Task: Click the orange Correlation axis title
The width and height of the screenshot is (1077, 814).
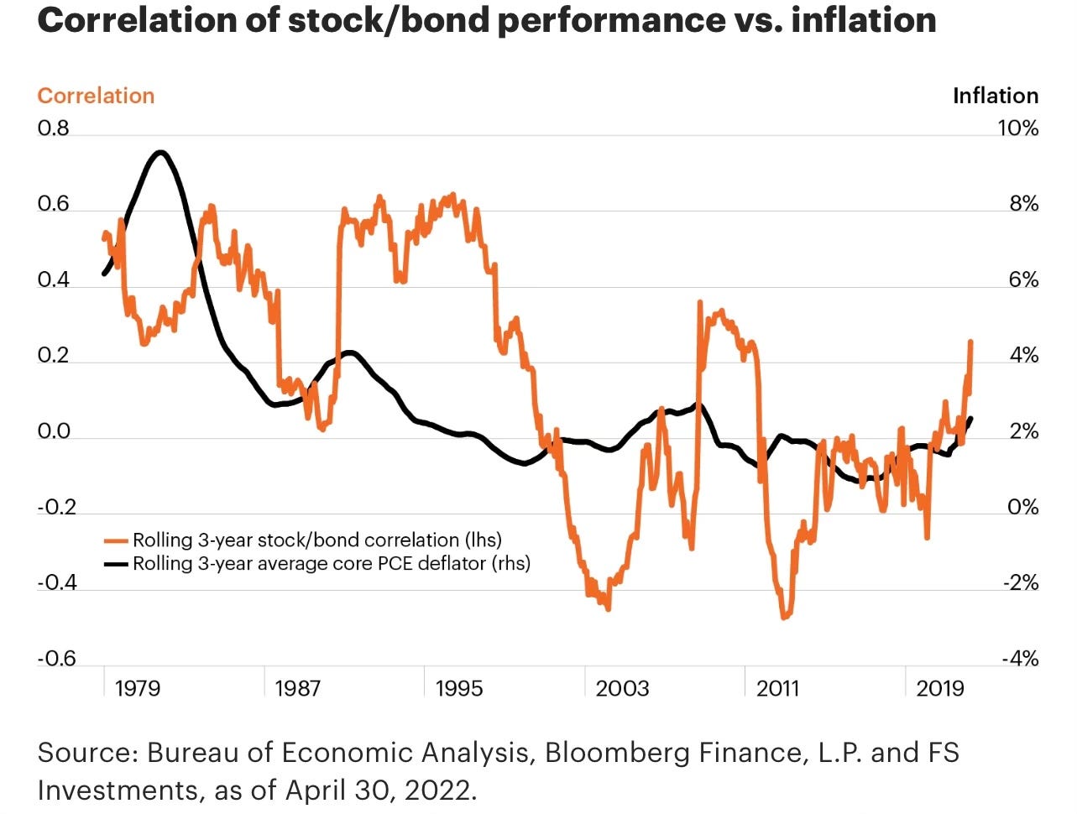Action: pos(96,96)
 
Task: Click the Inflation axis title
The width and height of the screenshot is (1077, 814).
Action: pos(995,96)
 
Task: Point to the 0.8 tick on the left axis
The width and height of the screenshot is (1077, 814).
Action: pos(53,128)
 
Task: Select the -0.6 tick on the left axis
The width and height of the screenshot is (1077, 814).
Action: pos(56,659)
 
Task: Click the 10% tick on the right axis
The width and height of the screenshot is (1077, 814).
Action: pos(1017,128)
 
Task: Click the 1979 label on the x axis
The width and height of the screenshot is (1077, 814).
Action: pos(137,689)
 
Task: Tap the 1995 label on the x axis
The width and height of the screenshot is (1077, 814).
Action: pos(459,689)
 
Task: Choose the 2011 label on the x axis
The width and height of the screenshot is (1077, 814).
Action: pos(778,689)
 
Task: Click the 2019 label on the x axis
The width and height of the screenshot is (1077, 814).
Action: pos(940,689)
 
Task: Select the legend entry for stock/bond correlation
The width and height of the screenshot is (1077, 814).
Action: pos(316,540)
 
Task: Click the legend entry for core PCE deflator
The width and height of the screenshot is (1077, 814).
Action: pos(331,563)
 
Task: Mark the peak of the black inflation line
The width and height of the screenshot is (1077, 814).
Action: pos(159,152)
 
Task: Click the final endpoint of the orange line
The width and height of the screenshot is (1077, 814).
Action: pos(971,342)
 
